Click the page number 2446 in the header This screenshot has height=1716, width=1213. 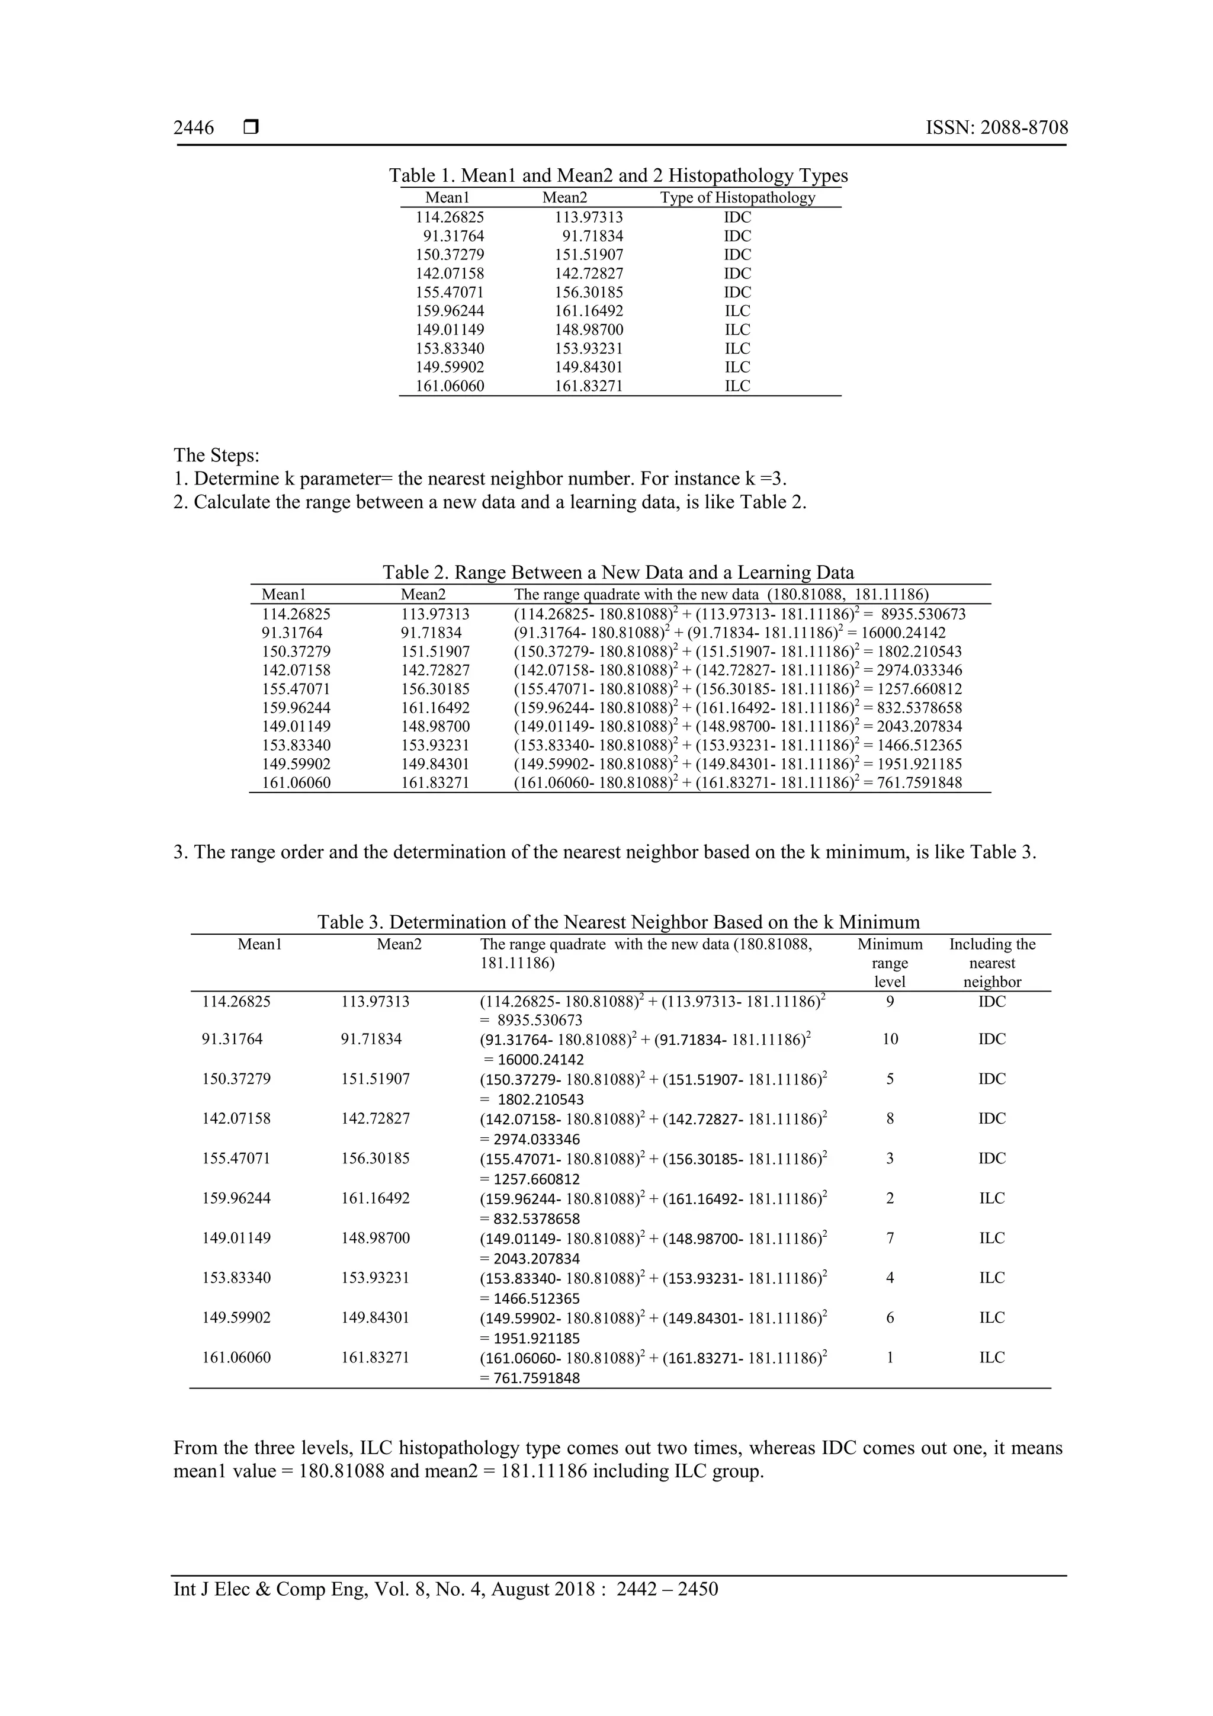coord(194,128)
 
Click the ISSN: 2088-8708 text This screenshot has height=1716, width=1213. coord(996,128)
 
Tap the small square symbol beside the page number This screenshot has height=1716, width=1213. coord(251,128)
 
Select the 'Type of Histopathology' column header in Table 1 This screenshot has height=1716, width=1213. coord(737,197)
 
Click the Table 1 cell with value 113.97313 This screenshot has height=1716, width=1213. coord(588,217)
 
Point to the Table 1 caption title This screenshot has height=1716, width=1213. coord(618,176)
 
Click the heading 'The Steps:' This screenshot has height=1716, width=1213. coord(216,454)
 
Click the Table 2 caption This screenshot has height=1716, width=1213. coord(618,573)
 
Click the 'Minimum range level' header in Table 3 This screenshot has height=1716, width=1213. coord(890,963)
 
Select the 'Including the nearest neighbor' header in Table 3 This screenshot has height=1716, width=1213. coord(991,963)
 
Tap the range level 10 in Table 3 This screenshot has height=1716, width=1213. coord(890,1039)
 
